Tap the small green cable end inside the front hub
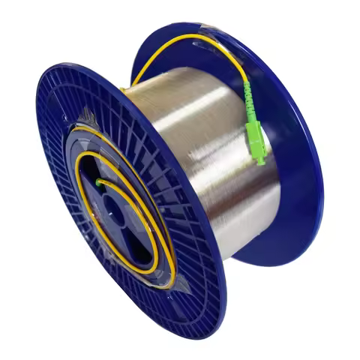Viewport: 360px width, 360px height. click(97, 181)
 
